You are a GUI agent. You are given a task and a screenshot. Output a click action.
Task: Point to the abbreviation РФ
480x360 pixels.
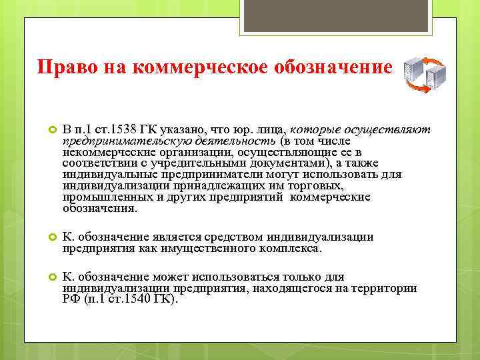71,299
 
